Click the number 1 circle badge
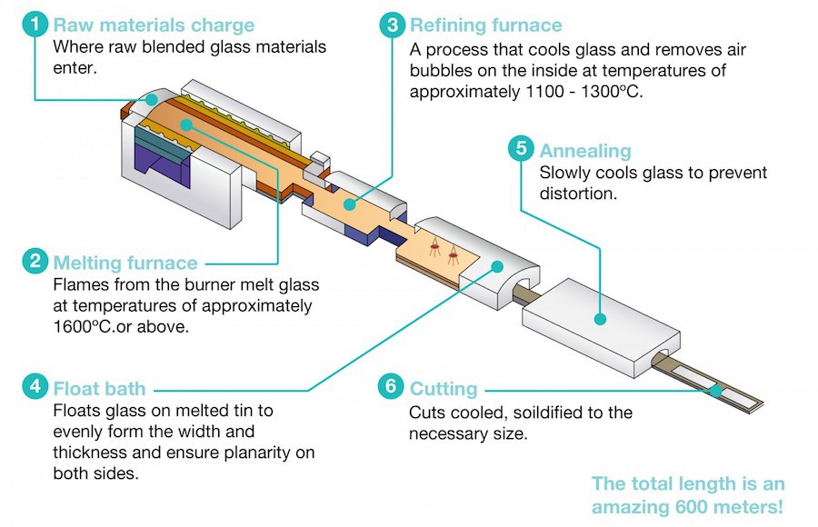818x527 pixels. click(x=35, y=25)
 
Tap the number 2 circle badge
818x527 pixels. click(x=35, y=263)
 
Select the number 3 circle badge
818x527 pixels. click(x=392, y=25)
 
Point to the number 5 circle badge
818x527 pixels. click(x=521, y=149)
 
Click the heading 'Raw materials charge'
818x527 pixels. click(x=154, y=25)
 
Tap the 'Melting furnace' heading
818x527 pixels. click(x=125, y=263)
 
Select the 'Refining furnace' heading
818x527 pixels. click(x=486, y=25)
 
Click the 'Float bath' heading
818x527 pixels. click(x=99, y=390)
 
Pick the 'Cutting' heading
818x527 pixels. click(x=443, y=390)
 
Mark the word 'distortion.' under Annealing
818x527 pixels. click(x=583, y=193)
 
